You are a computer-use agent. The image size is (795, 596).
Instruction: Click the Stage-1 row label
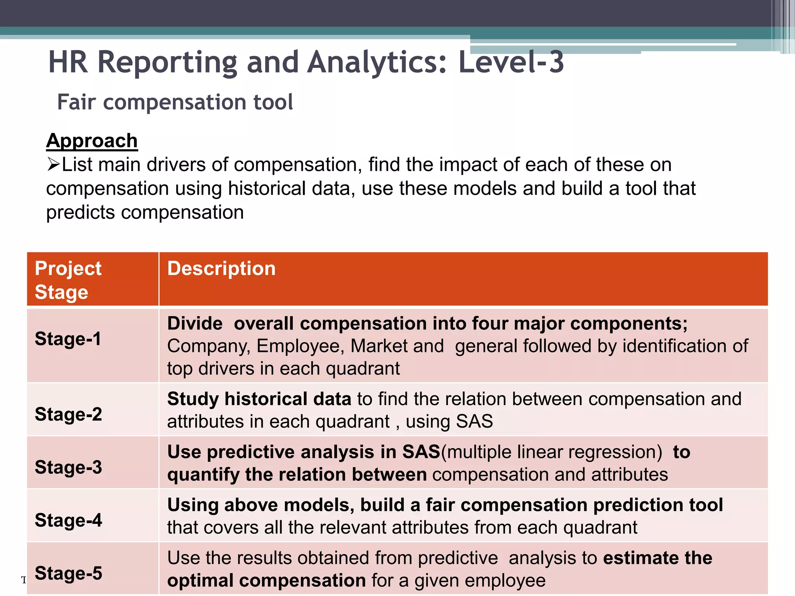tap(68, 339)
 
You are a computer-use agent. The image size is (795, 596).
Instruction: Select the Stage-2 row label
tap(68, 414)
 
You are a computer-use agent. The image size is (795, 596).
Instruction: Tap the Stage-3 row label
tap(68, 467)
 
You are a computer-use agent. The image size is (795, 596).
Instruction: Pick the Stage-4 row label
tap(68, 520)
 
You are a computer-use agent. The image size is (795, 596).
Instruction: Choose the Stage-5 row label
tap(68, 573)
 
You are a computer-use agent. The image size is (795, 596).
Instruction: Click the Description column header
tap(221, 269)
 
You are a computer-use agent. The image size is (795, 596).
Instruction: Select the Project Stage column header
tap(68, 280)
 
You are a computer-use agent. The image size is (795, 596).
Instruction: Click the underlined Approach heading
tap(92, 140)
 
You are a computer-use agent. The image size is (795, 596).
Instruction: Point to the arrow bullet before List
tap(53, 165)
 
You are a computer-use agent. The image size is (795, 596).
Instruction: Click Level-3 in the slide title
tap(511, 62)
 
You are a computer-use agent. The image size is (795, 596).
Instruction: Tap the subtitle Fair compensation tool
tap(175, 102)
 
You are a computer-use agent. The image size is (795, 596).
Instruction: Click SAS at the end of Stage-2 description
tap(474, 421)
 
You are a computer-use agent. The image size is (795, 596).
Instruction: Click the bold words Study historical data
tap(259, 399)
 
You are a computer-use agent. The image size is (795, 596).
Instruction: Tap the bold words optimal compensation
tap(266, 580)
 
